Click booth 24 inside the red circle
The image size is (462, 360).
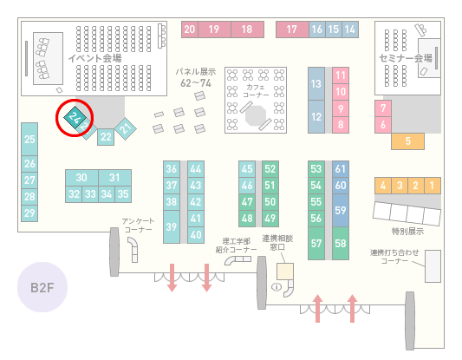click(x=75, y=118)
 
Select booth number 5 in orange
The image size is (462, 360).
click(x=407, y=141)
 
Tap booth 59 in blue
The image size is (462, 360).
click(x=341, y=210)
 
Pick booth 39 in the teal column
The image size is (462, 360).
click(x=172, y=226)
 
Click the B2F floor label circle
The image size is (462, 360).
click(x=42, y=287)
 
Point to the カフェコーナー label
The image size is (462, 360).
click(x=256, y=91)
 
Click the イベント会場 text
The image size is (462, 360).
click(x=94, y=58)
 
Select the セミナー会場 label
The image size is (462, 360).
click(x=406, y=58)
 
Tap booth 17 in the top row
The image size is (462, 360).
click(x=292, y=29)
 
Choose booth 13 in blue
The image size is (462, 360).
click(x=316, y=84)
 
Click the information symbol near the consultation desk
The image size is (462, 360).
click(x=277, y=286)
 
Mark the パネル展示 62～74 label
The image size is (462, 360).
click(x=196, y=77)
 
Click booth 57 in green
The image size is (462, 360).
click(x=316, y=243)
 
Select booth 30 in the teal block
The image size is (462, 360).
click(x=81, y=178)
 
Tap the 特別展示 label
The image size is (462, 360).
click(x=407, y=232)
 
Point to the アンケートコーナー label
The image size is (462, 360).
click(x=138, y=226)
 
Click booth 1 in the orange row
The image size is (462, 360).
click(x=433, y=186)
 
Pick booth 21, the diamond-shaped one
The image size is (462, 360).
click(x=126, y=128)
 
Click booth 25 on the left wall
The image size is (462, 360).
click(x=29, y=139)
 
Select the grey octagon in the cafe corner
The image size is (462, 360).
click(x=256, y=115)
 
